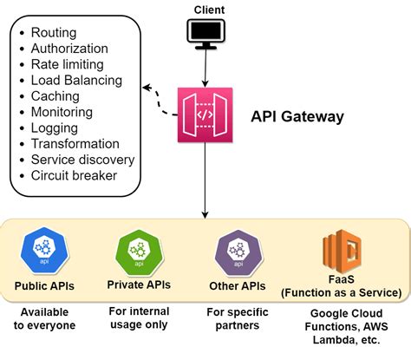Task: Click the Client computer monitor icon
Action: [205, 33]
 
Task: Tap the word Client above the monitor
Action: [205, 10]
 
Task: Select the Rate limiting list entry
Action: [67, 64]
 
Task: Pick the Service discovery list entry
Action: [82, 160]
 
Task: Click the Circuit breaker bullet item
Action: [74, 175]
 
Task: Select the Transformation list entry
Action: [75, 144]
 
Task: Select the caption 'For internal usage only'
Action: [138, 318]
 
